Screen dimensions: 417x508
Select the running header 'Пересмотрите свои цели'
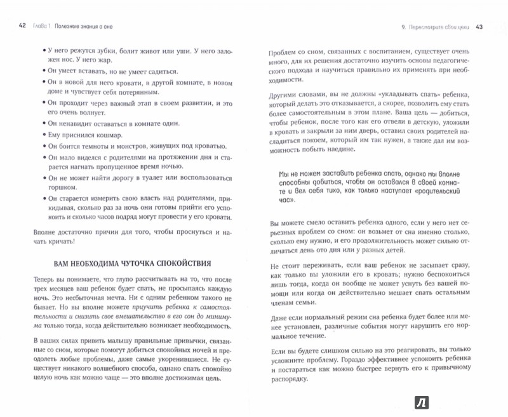point(435,26)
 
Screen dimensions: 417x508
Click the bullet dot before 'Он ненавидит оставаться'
point(44,122)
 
